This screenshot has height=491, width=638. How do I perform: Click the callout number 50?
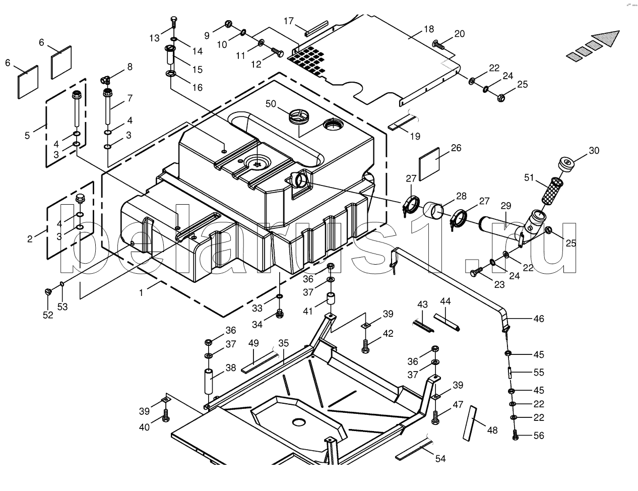click(x=271, y=104)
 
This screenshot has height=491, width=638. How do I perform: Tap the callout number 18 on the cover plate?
click(x=429, y=29)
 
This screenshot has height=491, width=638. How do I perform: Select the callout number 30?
click(x=594, y=151)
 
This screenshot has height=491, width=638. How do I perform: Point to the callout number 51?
click(x=529, y=177)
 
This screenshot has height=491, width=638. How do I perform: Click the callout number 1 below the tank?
click(x=141, y=293)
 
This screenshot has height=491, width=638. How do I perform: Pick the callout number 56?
click(x=539, y=436)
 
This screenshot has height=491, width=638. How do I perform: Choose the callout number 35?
click(x=283, y=343)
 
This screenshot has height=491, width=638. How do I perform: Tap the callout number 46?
click(x=539, y=319)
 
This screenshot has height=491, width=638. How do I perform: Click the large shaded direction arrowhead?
click(x=605, y=39)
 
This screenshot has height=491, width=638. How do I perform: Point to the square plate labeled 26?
click(x=429, y=164)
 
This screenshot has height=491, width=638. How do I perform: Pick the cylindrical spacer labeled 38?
click(x=209, y=382)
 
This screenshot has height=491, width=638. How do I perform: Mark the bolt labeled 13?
click(x=173, y=23)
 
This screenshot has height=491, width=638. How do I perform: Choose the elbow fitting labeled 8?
click(x=105, y=79)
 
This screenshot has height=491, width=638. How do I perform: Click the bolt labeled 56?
click(x=515, y=435)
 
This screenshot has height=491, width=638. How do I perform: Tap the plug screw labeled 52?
click(x=48, y=291)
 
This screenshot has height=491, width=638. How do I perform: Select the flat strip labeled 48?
click(x=470, y=423)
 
